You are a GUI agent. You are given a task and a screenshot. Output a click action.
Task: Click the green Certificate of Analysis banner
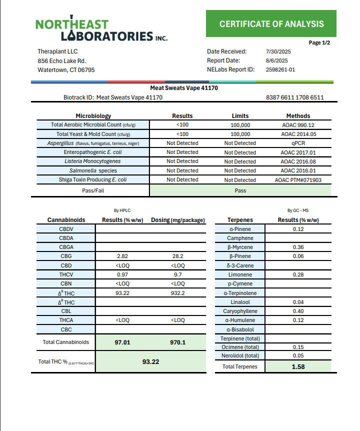tap(271, 23)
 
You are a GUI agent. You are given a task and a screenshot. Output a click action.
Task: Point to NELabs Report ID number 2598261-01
tap(280, 69)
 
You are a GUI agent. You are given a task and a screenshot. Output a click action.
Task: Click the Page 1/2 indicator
tap(319, 43)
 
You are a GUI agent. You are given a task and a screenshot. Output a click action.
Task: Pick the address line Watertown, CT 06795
tap(66, 70)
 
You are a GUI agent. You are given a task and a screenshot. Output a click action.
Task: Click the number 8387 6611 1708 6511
tap(295, 97)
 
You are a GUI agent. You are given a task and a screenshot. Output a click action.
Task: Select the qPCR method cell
tap(298, 143)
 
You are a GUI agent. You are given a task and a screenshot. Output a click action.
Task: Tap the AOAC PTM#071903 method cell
tap(298, 179)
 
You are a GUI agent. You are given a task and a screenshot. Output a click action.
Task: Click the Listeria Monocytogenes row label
tap(92, 161)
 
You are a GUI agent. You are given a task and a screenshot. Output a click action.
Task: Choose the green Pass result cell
tap(240, 190)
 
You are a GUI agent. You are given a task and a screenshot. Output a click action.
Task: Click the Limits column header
tap(240, 115)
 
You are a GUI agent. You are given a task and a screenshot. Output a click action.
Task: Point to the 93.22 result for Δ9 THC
tap(122, 293)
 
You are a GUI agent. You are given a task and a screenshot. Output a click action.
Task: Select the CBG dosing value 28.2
tap(177, 256)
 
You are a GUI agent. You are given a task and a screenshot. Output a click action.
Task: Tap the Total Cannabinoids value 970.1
tap(177, 342)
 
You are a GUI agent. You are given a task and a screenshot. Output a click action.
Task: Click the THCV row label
tap(66, 274)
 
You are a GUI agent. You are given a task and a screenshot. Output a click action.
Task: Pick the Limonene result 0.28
tap(298, 274)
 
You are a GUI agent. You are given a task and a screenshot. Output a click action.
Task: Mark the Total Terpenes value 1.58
tap(298, 366)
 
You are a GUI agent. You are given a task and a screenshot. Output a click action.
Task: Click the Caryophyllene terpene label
tap(240, 311)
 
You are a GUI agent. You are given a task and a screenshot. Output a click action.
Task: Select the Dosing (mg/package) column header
tap(177, 220)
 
